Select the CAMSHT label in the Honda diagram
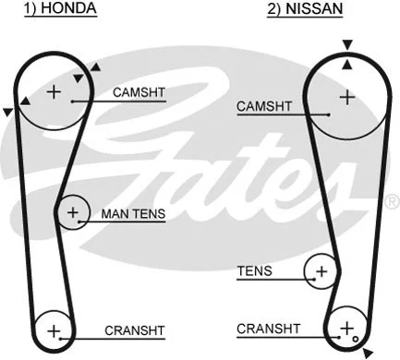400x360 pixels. click(139, 92)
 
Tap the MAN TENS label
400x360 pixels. click(133, 214)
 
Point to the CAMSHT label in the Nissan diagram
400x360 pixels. click(264, 107)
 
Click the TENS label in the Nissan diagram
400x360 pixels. click(255, 271)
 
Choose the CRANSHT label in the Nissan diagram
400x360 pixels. click(268, 328)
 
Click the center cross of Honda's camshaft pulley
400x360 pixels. click(54, 90)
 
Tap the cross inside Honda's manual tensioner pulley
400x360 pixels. click(73, 213)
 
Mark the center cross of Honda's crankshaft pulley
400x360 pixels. click(53, 330)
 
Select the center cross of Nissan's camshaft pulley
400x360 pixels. click(347, 95)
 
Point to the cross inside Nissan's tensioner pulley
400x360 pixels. click(321, 271)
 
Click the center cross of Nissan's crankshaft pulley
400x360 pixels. click(346, 328)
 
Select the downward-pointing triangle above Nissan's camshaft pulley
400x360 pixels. click(346, 44)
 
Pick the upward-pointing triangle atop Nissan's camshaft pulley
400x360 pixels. click(346, 63)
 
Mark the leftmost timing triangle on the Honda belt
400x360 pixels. click(8, 112)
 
